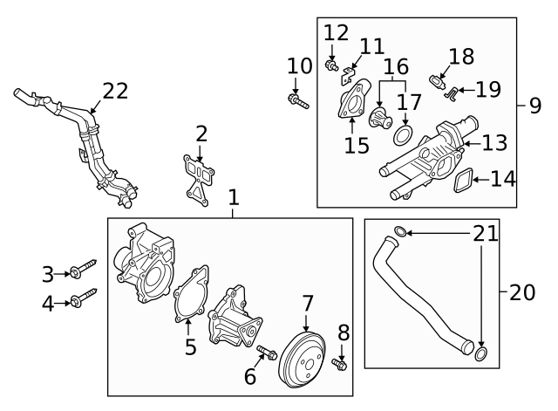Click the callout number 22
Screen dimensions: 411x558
pos(114,90)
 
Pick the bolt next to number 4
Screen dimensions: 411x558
pos(84,300)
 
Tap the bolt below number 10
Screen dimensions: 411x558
pos(297,102)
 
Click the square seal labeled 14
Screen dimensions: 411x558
pos(464,181)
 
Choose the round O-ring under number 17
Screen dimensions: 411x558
pos(402,136)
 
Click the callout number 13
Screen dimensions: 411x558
pos(493,142)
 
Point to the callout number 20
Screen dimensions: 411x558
pos(521,292)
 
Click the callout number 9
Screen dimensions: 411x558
pos(534,106)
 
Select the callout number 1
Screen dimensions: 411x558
pos(233,199)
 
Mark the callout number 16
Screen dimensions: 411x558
pos(396,66)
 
